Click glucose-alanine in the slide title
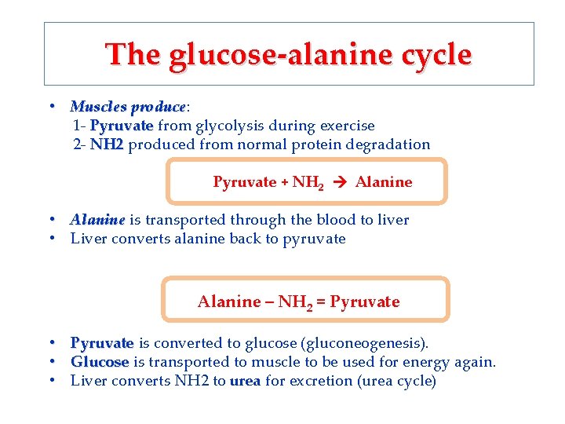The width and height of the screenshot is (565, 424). coord(268,54)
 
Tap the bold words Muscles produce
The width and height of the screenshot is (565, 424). coord(128,106)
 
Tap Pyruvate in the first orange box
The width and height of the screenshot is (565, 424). coord(244,182)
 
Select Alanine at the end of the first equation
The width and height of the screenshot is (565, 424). coord(383,182)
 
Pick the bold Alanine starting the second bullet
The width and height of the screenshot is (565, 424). coord(97,220)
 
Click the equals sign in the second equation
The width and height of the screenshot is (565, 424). coord(322,302)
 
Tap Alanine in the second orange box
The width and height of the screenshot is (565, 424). coord(228,302)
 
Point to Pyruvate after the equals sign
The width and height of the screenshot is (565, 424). coord(365,302)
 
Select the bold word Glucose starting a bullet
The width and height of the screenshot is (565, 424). coord(100,362)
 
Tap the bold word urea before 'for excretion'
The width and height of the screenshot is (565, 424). coord(246,382)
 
